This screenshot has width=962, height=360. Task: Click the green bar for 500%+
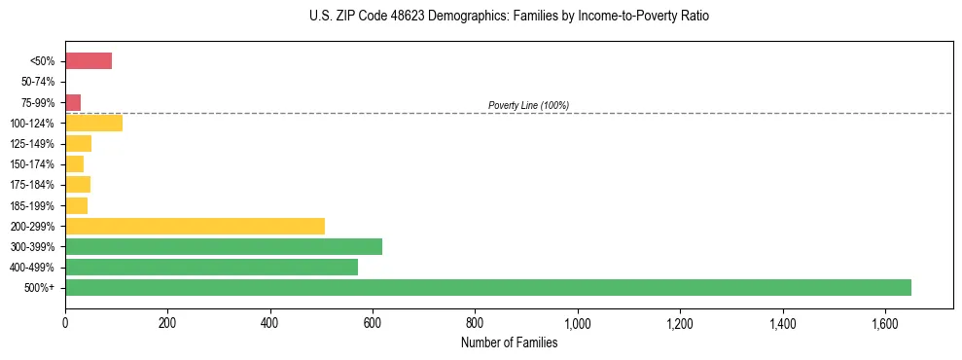click(487, 287)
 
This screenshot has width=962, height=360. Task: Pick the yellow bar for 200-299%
click(195, 226)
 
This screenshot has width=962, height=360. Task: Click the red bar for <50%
click(89, 61)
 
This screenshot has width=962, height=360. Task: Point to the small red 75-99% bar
click(73, 102)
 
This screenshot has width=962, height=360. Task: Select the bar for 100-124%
click(93, 123)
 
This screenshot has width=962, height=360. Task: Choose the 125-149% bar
click(78, 144)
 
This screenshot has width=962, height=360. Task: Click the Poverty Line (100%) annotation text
click(528, 105)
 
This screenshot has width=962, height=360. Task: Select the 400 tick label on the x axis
click(270, 322)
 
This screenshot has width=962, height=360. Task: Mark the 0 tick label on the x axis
click(65, 322)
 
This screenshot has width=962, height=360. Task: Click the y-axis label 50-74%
click(37, 82)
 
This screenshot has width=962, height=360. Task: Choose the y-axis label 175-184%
click(33, 185)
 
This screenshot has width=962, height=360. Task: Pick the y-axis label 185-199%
click(33, 205)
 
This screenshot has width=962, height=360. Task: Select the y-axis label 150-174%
click(33, 164)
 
